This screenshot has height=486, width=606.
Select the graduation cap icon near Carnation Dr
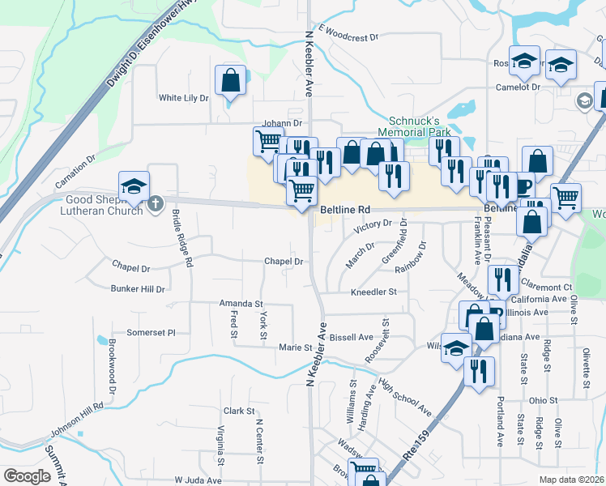pos(133,186)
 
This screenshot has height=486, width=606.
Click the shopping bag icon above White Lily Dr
pos(230,80)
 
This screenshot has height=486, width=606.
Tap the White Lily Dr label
pos(184,98)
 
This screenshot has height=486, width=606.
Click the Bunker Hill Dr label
pos(138,288)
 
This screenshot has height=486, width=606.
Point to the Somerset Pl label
pos(151,332)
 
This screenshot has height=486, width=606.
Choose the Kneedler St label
pos(373,292)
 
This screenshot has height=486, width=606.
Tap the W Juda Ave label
pos(198,480)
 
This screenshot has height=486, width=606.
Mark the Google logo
pos(27,476)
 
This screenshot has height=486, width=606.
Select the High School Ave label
pos(405,402)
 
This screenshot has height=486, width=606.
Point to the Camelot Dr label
pos(519,87)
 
